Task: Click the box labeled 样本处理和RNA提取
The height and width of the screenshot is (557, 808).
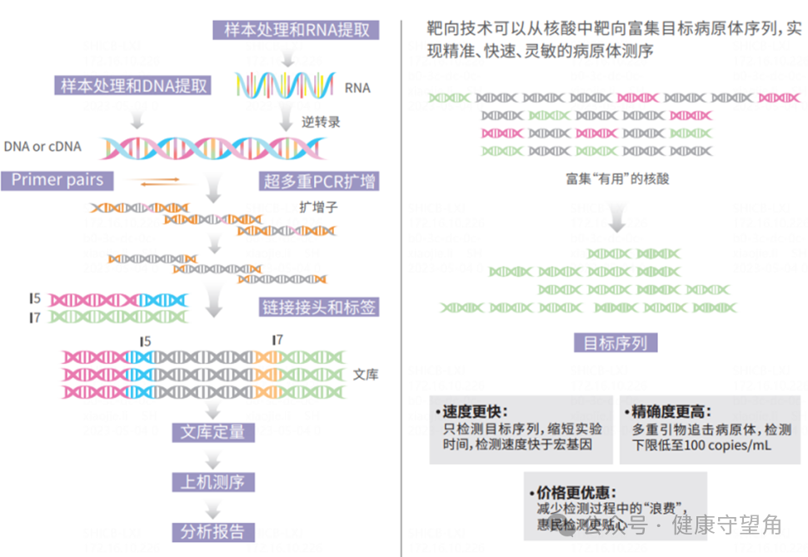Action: point(296,30)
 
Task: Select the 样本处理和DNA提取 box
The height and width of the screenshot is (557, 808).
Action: point(133,85)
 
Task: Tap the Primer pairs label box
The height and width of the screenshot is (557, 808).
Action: point(57,180)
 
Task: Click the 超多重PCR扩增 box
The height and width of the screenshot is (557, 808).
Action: point(319,181)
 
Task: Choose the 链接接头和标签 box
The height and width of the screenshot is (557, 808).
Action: point(319,307)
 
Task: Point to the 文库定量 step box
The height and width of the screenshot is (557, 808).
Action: point(213,432)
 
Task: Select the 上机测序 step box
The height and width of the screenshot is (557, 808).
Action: point(213,482)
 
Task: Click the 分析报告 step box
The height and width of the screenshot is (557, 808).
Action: point(213,532)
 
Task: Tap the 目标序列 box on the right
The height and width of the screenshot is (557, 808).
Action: point(615,343)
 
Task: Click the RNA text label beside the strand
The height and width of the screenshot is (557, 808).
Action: point(357,87)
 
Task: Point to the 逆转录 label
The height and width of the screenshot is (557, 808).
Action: point(321,122)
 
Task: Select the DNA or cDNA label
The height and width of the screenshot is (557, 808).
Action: point(42,147)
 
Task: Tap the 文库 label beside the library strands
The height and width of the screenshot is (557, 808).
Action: point(366,375)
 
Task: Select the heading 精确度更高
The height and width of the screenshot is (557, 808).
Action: point(669,412)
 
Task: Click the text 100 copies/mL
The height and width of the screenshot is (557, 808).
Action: point(720,446)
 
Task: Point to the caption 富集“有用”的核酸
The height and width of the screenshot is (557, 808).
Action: point(617,178)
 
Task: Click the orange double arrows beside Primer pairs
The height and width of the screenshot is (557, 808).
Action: point(160,181)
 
